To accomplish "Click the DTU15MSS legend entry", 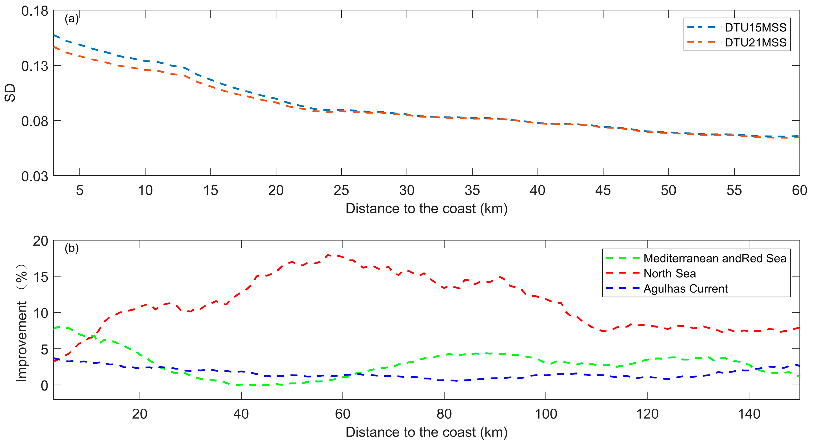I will coord(755,28).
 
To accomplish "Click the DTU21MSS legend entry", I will coord(755,42).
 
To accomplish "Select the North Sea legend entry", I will coord(670,273).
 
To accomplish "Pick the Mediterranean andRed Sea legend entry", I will coord(715,258).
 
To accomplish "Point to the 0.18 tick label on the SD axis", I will coord(35,11).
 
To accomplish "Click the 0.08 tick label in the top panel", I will coord(35,121).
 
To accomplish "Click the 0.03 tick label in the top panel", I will coord(35,177).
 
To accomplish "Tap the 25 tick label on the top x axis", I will coord(341,191).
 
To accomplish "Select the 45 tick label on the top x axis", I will coord(603,191).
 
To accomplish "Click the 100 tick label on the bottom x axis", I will coord(546,414).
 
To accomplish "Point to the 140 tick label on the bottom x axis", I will coord(749,414).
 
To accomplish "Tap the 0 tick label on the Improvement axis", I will coord(44,386).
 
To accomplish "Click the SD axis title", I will coord(10,93).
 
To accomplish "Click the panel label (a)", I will coord(72,19).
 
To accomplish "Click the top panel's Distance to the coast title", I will coord(426,209).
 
